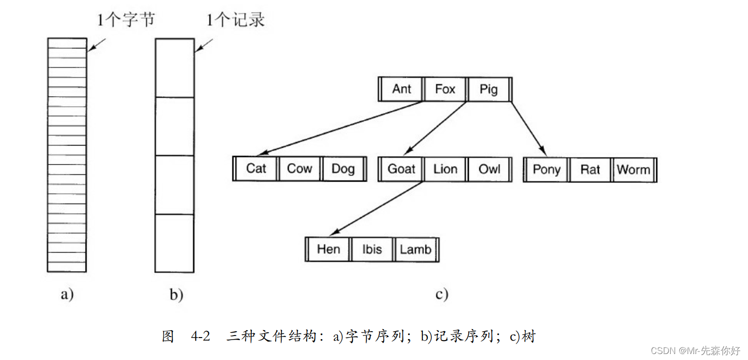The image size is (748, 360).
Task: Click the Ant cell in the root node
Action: tap(401, 89)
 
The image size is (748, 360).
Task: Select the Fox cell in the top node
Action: tap(445, 89)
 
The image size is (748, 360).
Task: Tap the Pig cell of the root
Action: tap(489, 89)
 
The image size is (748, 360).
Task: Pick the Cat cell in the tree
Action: tap(256, 169)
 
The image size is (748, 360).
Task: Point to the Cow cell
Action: tap(299, 169)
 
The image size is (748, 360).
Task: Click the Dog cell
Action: tap(343, 169)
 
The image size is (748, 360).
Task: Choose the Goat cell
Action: tap(401, 169)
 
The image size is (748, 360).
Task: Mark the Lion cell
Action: tap(445, 169)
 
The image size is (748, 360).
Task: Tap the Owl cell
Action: tap(489, 169)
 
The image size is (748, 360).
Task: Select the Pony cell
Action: tap(547, 169)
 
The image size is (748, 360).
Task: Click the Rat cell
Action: tap(590, 170)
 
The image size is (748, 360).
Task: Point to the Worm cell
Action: tap(633, 170)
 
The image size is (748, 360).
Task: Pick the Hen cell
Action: tap(328, 249)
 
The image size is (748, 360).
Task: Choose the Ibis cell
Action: tap(372, 249)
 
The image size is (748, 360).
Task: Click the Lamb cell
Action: tap(415, 249)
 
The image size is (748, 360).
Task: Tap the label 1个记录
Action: tap(235, 20)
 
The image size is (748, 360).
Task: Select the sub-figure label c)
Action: tap(441, 294)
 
